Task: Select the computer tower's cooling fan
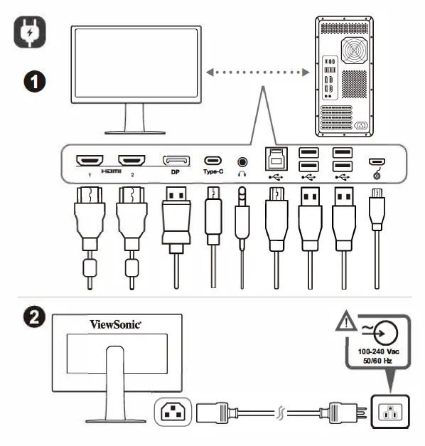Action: [353, 51]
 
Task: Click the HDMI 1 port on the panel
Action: [90, 160]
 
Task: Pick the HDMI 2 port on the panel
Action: [131, 160]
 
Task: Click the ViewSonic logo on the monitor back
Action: [116, 324]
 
